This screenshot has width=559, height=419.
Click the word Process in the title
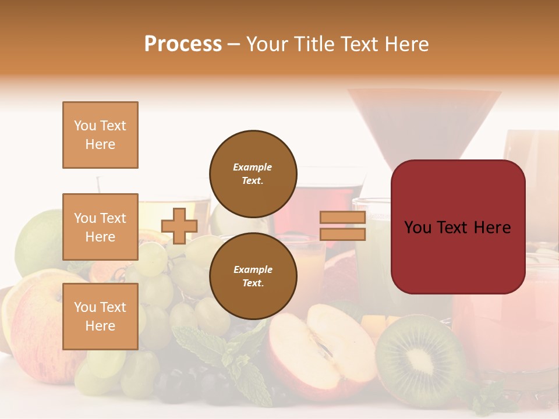[183, 44]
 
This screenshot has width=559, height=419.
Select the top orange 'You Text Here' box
[100, 135]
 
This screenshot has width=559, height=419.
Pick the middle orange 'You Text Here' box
[100, 227]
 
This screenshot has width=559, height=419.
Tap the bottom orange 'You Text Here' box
[100, 317]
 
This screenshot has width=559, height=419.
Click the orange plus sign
[179, 226]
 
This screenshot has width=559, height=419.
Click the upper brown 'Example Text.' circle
[253, 173]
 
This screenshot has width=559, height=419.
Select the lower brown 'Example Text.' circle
[253, 276]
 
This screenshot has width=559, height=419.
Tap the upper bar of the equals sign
[343, 218]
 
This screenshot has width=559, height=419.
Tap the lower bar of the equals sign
[343, 235]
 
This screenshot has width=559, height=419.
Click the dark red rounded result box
[458, 227]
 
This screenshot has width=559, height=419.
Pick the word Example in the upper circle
[252, 167]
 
